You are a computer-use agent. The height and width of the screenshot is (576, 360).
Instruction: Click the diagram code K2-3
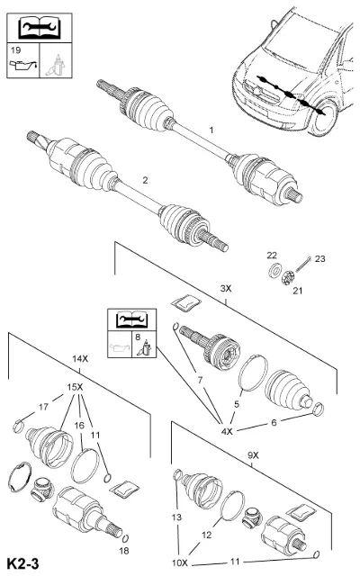point(23,563)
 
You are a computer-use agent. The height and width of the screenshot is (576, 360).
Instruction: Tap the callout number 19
point(16,50)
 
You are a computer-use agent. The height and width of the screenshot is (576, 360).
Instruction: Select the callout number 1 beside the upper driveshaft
point(211,130)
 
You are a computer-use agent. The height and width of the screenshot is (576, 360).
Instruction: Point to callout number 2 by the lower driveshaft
point(145,180)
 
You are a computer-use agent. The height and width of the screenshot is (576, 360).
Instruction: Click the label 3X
point(226,288)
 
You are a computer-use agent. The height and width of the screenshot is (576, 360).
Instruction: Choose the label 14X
point(80,358)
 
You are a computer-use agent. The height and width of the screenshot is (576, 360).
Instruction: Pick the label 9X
point(253,455)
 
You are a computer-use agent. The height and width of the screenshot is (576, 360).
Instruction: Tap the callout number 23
point(320,259)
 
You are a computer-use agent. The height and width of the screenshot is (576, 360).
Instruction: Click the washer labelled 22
point(274,270)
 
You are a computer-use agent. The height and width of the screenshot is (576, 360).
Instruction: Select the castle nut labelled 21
point(288,277)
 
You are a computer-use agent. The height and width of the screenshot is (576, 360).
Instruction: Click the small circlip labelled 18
point(125,538)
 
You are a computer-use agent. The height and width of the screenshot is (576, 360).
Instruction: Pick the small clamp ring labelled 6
point(318,409)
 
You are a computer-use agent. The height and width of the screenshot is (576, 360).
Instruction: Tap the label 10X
point(180,562)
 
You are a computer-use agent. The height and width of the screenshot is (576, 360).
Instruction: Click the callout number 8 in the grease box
point(138,337)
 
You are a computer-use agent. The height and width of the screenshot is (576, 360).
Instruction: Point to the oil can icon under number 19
point(22,66)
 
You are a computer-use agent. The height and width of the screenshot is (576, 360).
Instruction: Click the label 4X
point(227,431)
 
